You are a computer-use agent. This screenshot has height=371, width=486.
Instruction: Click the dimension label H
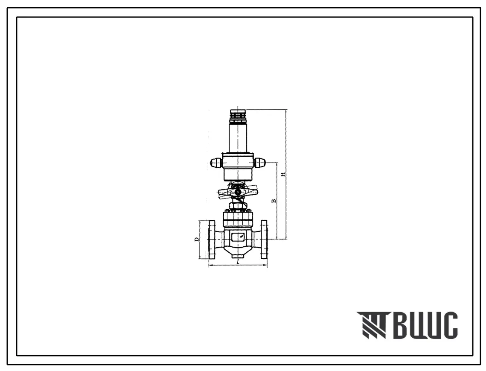pos(282,174)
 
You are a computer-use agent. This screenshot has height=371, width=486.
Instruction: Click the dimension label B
pos(274,201)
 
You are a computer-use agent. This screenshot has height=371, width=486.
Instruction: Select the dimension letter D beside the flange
pos(196,240)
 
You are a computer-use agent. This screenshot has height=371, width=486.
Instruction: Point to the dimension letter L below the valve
pos(238,262)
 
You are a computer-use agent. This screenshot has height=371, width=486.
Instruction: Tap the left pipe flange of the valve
pos(212,239)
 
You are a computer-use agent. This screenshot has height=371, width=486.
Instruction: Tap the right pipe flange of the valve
pos(264,239)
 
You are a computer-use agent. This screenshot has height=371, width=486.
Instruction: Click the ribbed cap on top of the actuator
pos(237,116)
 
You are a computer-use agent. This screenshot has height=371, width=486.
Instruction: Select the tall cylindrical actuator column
pos(237,138)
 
